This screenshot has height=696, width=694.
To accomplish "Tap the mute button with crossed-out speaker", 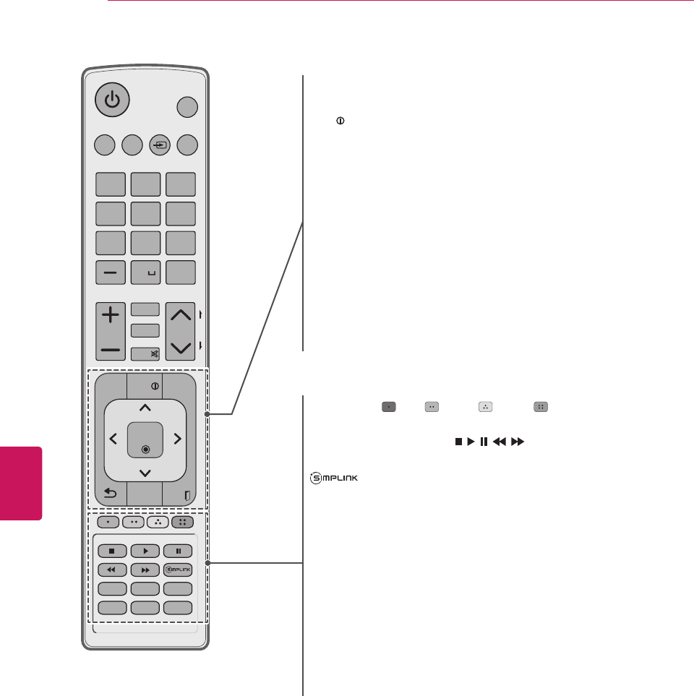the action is tap(145, 354).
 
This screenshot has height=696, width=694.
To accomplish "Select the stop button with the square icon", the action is tap(112, 550).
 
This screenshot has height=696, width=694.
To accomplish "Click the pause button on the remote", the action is tap(178, 550).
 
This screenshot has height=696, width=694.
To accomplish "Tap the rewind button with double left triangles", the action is tap(112, 569).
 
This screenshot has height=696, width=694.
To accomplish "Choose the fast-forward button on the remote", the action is tap(145, 569).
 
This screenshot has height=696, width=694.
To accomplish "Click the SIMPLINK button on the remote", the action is tap(178, 569).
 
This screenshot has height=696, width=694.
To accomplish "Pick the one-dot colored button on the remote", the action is tap(108, 521).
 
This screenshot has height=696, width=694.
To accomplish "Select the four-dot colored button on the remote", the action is tap(183, 521).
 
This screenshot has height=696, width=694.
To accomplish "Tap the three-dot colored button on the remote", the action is tap(158, 521).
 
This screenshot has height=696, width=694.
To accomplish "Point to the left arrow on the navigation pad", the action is tap(113, 439).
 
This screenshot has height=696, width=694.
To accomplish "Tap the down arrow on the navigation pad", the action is tap(145, 472).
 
